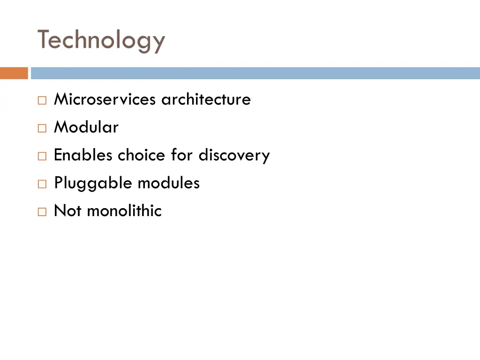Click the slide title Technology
[x=101, y=40]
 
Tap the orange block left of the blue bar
[x=14, y=73]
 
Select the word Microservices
[x=105, y=99]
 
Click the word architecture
[x=206, y=99]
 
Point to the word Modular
[x=86, y=127]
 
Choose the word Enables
[x=83, y=155]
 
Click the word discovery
[x=234, y=155]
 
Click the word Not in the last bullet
[x=67, y=211]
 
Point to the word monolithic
[x=124, y=211]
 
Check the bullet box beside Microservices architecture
[x=42, y=100]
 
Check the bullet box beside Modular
[x=42, y=128]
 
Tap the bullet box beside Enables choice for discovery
[x=42, y=156]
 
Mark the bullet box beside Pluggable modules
[x=42, y=184]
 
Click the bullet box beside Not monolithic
[x=42, y=212]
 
